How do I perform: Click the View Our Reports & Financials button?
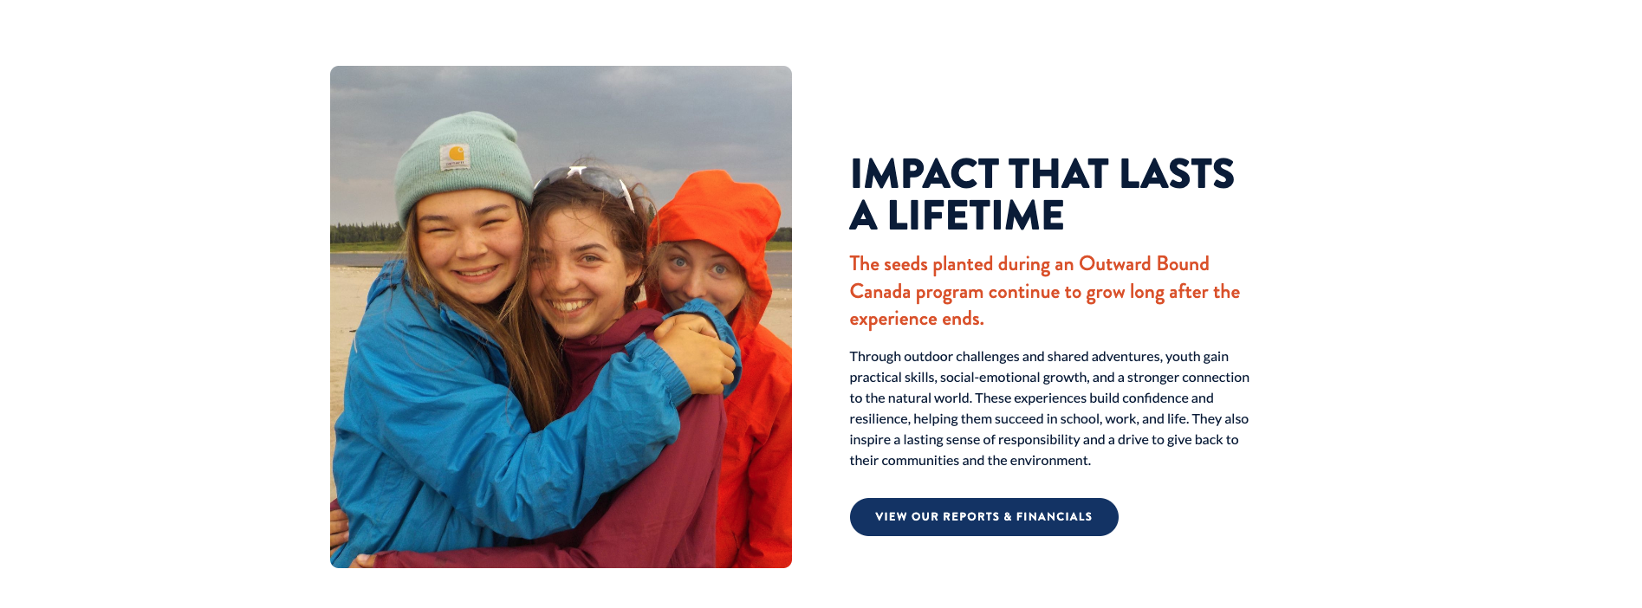983,517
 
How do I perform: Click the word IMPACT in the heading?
925,174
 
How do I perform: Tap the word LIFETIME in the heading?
976,216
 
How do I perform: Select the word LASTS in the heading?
1177,174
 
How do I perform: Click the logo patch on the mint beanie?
455,158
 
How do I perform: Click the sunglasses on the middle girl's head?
586,181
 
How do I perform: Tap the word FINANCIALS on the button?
1055,517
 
